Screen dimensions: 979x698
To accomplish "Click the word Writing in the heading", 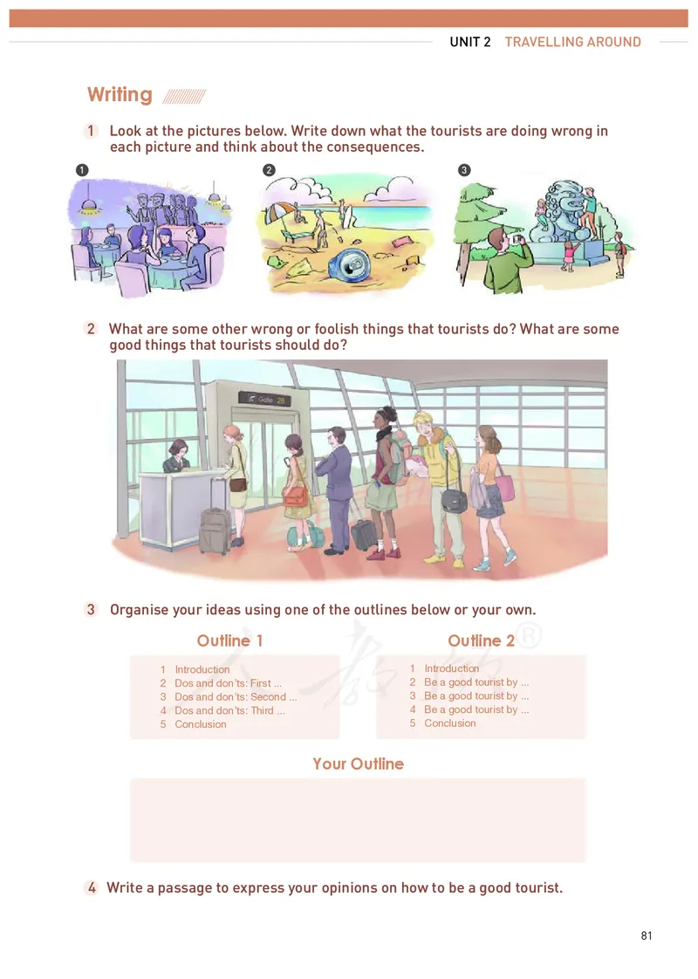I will (x=120, y=95).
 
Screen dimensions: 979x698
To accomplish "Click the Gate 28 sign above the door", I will (x=263, y=399).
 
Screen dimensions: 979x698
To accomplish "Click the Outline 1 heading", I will (x=229, y=641).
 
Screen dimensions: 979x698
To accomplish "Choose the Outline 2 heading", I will (x=481, y=641).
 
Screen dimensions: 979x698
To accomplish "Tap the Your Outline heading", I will (x=358, y=764).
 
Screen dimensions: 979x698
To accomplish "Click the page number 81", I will (x=647, y=936).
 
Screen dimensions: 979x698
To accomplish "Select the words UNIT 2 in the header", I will (x=470, y=42).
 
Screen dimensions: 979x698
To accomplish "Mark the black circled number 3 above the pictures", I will (x=464, y=170).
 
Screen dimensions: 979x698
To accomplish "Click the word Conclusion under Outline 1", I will (x=200, y=724).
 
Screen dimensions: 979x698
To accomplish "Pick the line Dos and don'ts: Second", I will (x=236, y=697).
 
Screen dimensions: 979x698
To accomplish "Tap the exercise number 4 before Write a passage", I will (x=92, y=888).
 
